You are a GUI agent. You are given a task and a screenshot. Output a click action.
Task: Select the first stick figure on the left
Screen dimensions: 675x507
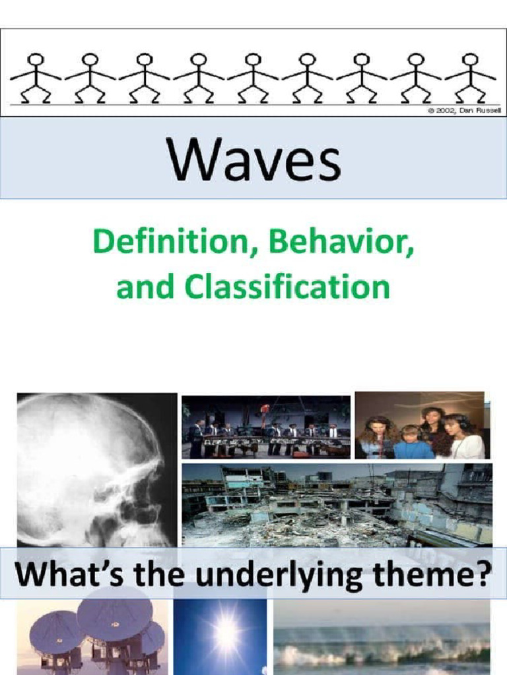tap(36, 78)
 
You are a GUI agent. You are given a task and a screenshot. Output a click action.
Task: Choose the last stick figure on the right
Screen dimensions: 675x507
tap(470, 78)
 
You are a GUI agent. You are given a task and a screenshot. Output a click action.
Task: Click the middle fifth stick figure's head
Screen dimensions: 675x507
tap(253, 59)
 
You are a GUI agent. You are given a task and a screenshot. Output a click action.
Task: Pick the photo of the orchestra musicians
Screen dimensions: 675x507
tap(266, 427)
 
